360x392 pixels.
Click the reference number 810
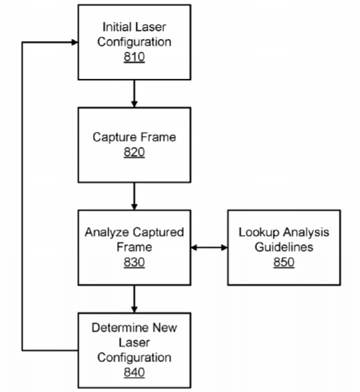click(134, 57)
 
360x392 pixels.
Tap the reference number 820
click(134, 152)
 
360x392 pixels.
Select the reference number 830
click(134, 262)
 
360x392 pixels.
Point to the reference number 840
click(134, 372)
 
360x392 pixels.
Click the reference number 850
click(284, 262)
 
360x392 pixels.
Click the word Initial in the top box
click(116, 27)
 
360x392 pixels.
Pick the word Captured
click(155, 232)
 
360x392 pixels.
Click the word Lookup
click(259, 232)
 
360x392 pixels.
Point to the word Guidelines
click(284, 247)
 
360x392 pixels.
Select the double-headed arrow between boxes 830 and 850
click(209, 248)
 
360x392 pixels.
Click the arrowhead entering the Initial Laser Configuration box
click(75, 42)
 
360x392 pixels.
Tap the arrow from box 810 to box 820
click(134, 94)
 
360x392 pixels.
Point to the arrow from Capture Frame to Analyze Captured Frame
click(134, 197)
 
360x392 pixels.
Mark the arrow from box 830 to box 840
click(134, 299)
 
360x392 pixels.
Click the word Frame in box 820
click(158, 137)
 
